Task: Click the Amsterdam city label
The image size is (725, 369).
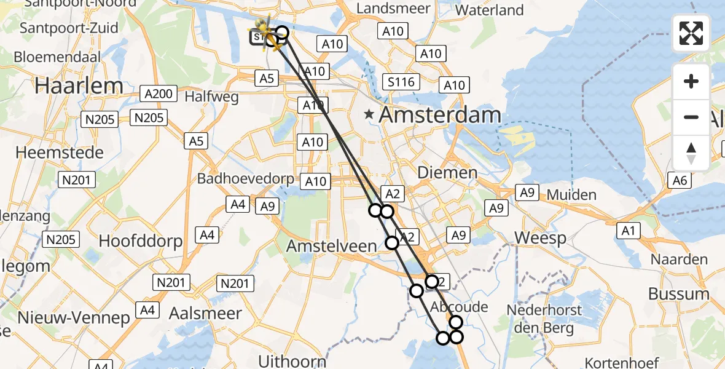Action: [440, 114]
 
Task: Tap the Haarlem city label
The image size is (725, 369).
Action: [80, 85]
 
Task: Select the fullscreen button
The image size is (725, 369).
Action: [691, 33]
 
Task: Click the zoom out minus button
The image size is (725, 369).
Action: [691, 117]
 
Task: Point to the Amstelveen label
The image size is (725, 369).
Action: [332, 246]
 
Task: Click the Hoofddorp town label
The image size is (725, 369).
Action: [141, 240]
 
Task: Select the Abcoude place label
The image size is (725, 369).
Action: [459, 307]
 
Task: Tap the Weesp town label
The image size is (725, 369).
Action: [541, 238]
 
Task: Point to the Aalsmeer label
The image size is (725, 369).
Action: [205, 313]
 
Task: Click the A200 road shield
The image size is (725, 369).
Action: [159, 94]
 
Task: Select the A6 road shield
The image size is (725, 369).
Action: [680, 180]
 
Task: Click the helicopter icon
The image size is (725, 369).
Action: [266, 32]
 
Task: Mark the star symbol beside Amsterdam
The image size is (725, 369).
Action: [369, 114]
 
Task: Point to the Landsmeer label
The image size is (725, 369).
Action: [388, 9]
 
